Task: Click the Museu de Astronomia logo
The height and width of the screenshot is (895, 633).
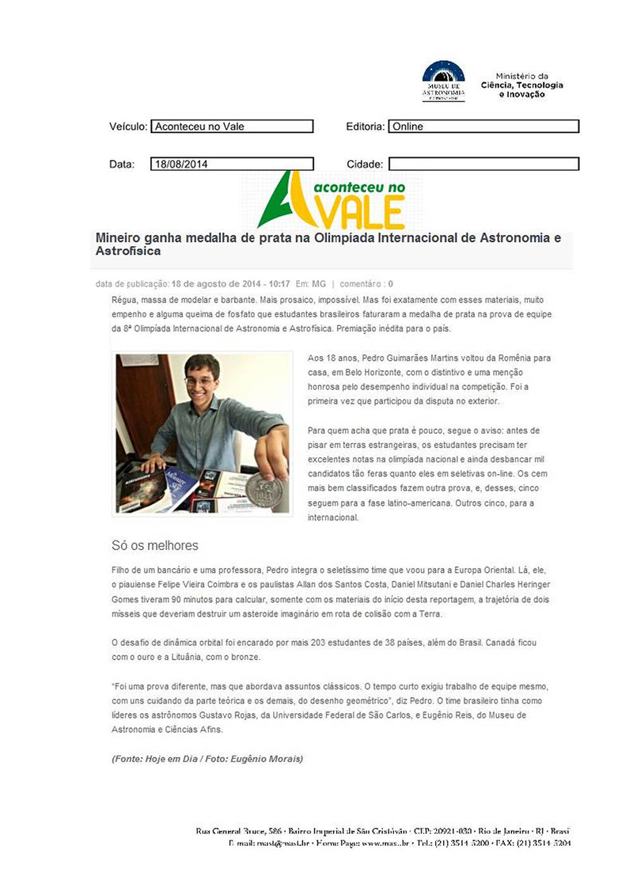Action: (443, 81)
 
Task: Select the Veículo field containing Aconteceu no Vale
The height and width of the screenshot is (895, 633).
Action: (232, 127)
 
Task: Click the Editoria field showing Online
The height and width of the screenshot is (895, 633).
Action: (483, 127)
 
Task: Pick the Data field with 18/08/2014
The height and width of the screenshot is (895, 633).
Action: (232, 165)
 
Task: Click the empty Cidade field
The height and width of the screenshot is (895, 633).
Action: (483, 165)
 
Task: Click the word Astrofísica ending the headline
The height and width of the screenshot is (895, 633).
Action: (128, 251)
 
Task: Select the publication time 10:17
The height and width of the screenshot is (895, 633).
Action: (278, 283)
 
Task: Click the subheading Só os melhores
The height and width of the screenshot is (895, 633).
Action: (155, 545)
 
